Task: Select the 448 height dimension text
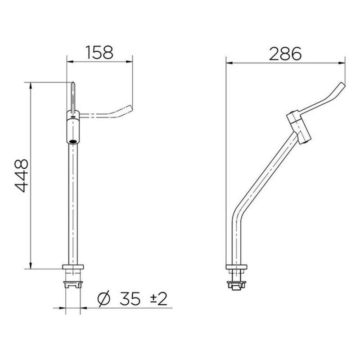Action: [22, 175]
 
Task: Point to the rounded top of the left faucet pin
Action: [72, 83]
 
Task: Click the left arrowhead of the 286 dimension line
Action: [227, 62]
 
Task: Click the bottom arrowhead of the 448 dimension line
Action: [30, 267]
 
